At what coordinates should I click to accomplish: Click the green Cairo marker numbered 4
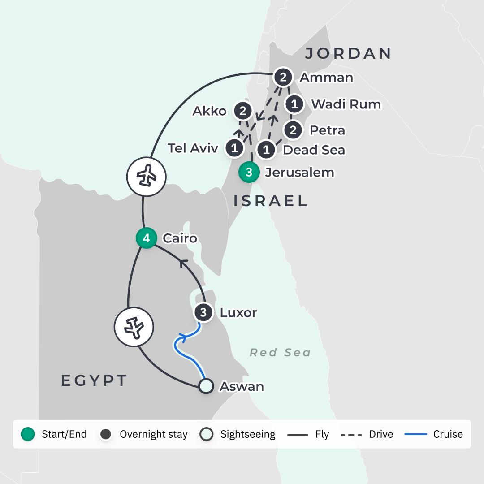pyautogui.click(x=147, y=238)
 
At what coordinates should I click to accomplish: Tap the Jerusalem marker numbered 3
pyautogui.click(x=249, y=173)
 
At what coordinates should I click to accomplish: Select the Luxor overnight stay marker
pyautogui.click(x=203, y=312)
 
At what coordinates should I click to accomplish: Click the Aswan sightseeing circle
pyautogui.click(x=206, y=386)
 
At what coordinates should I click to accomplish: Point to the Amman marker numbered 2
pyautogui.click(x=283, y=78)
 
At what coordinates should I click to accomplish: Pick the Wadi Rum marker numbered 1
pyautogui.click(x=294, y=104)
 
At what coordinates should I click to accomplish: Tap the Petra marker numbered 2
pyautogui.click(x=293, y=130)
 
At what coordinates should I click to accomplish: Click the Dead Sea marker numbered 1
pyautogui.click(x=266, y=150)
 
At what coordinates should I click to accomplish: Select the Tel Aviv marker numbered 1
pyautogui.click(x=235, y=148)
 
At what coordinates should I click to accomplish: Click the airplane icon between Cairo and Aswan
pyautogui.click(x=134, y=327)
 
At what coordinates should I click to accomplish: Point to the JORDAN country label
pyautogui.click(x=348, y=53)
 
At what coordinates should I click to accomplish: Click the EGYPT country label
pyautogui.click(x=94, y=380)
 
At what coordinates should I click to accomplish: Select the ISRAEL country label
pyautogui.click(x=270, y=201)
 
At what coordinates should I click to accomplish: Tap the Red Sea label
pyautogui.click(x=280, y=353)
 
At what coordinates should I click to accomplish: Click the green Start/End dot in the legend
pyautogui.click(x=28, y=434)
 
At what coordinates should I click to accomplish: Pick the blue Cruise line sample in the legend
pyautogui.click(x=415, y=434)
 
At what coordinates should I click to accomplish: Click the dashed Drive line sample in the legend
pyautogui.click(x=352, y=434)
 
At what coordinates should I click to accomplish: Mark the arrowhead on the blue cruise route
pyautogui.click(x=182, y=335)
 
